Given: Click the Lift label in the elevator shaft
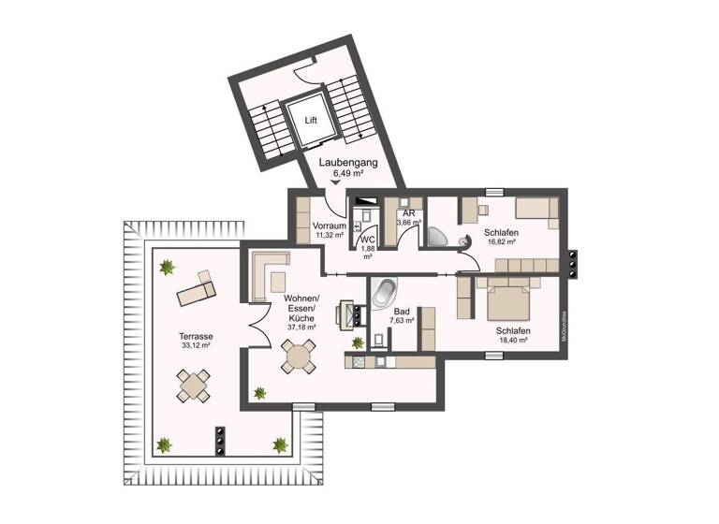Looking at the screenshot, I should click(310, 120).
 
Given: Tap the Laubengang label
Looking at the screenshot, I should click(347, 163).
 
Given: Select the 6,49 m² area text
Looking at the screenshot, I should click(347, 173).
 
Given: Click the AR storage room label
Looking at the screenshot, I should click(409, 213).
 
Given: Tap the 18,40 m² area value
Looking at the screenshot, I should click(515, 341).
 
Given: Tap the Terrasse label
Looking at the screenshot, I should click(197, 335).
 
